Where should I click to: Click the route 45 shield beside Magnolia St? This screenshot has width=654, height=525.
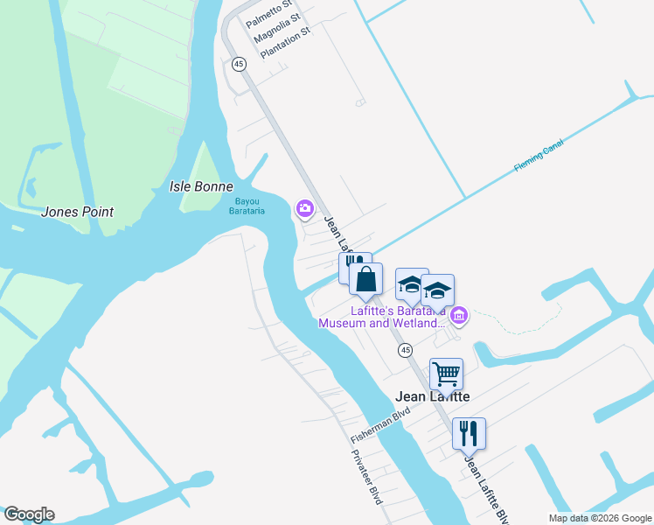click(x=239, y=64)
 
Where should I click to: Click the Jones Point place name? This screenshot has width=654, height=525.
click(x=78, y=212)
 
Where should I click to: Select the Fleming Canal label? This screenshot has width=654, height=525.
click(x=540, y=156)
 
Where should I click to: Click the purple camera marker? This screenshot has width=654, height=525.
click(x=305, y=208)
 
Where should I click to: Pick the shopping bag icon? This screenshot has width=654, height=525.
click(x=366, y=280)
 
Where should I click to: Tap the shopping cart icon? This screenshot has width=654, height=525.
click(x=446, y=374)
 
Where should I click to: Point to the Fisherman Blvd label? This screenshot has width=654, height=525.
click(x=380, y=426)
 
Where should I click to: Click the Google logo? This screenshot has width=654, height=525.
click(x=28, y=514)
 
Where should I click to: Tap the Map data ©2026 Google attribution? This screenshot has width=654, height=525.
click(x=599, y=518)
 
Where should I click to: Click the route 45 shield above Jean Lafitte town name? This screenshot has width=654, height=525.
click(x=405, y=350)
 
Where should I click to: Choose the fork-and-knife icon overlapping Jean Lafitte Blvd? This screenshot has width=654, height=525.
click(x=469, y=431)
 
